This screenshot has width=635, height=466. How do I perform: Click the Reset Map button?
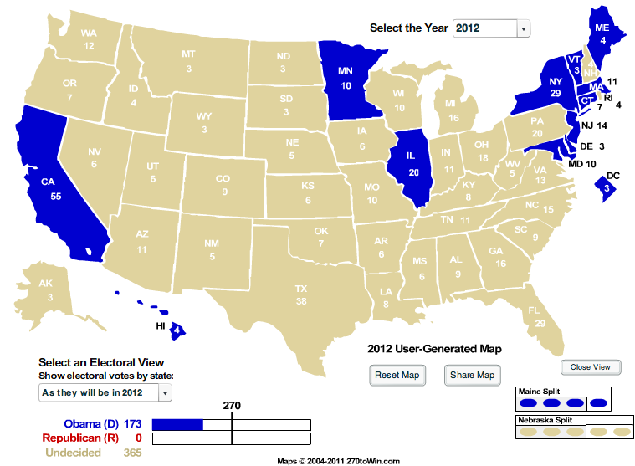[397, 375]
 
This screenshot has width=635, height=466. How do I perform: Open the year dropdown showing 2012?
[492, 28]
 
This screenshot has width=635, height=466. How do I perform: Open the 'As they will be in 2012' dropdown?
[105, 392]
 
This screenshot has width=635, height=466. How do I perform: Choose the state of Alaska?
[49, 289]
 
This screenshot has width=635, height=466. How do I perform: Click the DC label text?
[612, 176]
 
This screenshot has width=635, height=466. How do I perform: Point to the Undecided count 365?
[132, 453]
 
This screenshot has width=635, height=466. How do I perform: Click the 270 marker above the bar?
[232, 406]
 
